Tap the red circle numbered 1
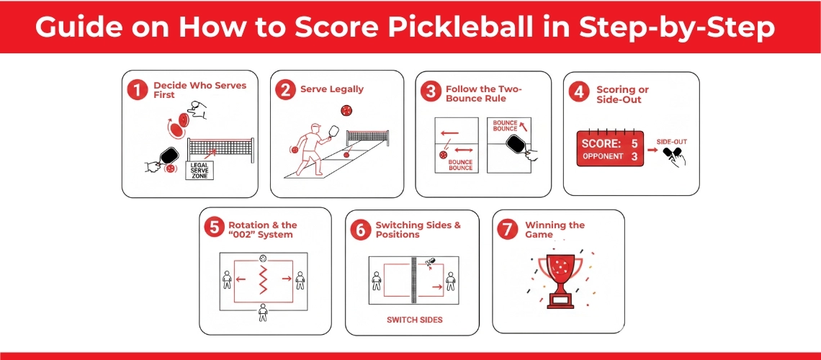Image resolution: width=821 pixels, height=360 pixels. [x=136, y=91]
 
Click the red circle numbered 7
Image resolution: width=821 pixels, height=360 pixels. [x=507, y=230]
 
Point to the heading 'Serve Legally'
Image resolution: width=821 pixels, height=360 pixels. [x=332, y=89]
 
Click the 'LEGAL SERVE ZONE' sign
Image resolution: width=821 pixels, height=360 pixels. [x=199, y=171]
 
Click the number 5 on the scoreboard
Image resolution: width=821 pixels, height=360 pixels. [x=634, y=144]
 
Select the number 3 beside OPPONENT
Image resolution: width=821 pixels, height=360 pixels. [x=634, y=156]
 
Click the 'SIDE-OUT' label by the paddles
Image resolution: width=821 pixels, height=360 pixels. [x=671, y=142]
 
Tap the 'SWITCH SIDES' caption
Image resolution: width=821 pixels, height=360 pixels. [x=414, y=320]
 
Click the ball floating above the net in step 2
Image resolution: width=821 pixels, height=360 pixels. [x=346, y=110]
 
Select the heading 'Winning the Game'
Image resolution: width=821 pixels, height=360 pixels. [x=555, y=230]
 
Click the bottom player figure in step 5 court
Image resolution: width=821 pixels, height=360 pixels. [x=263, y=311]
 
